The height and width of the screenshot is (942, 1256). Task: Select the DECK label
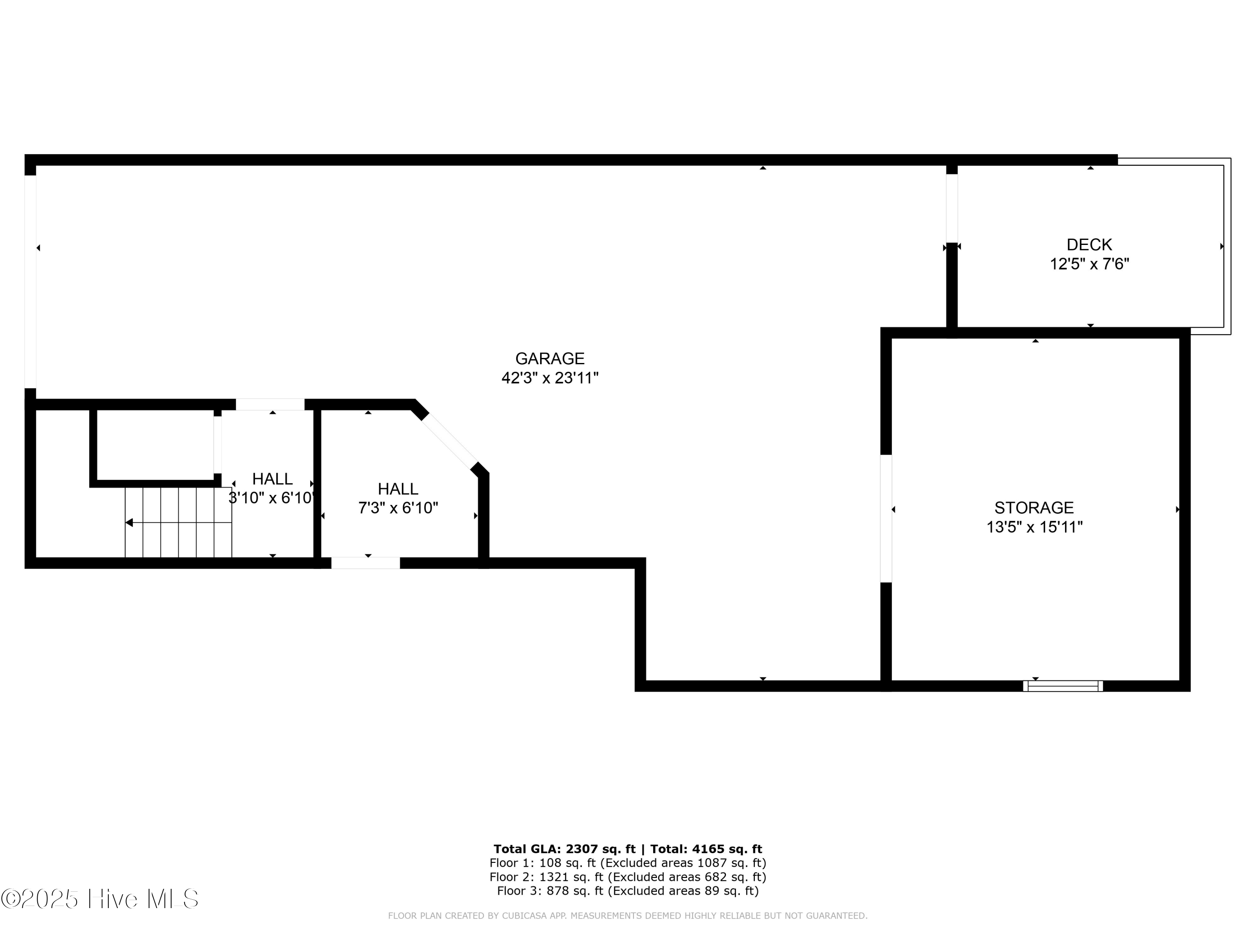coord(1089,245)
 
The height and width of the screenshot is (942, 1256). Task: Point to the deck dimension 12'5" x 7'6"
coord(1089,264)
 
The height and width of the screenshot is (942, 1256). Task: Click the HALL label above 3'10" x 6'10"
coord(272,479)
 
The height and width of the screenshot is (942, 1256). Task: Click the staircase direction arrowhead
coord(129,522)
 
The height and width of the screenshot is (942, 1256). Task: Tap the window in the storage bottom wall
coord(1063,686)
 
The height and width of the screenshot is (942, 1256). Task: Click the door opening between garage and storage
coord(885,518)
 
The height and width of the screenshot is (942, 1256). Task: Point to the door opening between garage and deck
coord(952,208)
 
